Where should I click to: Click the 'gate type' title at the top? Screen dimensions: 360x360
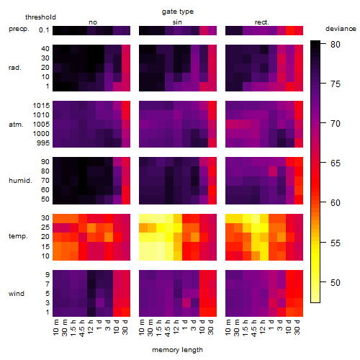[x=178, y=12]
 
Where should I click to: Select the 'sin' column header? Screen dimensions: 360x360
[x=177, y=22]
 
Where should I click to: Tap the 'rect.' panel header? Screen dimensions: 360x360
[x=261, y=22]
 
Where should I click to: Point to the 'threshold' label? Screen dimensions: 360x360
[x=40, y=17]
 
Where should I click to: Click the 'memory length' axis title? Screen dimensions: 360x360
[x=178, y=350]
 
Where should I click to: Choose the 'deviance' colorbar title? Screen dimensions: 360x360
[x=341, y=29]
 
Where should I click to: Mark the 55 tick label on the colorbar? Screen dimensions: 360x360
[x=336, y=243]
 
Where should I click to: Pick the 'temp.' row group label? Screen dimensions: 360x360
[x=18, y=236]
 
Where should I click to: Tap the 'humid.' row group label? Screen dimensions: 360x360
[x=20, y=181]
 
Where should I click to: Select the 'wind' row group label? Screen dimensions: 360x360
[x=17, y=294]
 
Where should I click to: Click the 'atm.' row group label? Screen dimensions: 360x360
[x=16, y=125]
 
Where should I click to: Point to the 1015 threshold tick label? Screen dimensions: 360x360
[x=41, y=106]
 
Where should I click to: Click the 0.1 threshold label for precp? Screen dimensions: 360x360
[x=44, y=30]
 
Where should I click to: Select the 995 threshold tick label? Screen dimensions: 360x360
[x=43, y=143]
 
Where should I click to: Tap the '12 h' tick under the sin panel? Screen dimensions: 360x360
[x=176, y=327]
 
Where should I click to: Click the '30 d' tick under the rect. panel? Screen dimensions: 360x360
[x=297, y=327]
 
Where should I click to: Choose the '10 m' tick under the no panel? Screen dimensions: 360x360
[x=56, y=328]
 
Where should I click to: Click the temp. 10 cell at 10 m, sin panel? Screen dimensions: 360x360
[x=143, y=256]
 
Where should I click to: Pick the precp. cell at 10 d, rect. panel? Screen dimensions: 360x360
[x=290, y=30]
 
